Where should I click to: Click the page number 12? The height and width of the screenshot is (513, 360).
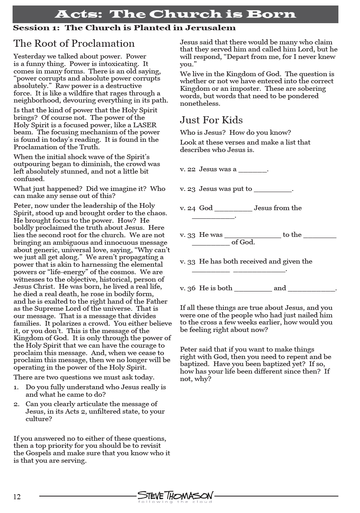pyautogui.click(x=17, y=497)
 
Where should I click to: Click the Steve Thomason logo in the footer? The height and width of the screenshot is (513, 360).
pyautogui.click(x=175, y=497)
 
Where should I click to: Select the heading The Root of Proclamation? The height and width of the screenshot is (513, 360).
pyautogui.click(x=74, y=43)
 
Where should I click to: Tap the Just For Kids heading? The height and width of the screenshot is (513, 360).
pyautogui.click(x=211, y=120)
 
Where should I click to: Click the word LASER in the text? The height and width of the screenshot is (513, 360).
pyautogui.click(x=145, y=125)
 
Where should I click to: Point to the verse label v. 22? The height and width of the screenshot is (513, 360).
pyautogui.click(x=188, y=169)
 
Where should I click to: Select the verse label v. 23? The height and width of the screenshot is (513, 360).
pyautogui.click(x=188, y=189)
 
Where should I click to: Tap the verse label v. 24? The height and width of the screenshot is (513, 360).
pyautogui.click(x=188, y=208)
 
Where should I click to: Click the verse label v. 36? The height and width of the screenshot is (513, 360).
pyautogui.click(x=188, y=288)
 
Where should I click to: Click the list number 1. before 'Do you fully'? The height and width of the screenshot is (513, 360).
pyautogui.click(x=16, y=387)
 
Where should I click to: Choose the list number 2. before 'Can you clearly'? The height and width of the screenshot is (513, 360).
pyautogui.click(x=16, y=404)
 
